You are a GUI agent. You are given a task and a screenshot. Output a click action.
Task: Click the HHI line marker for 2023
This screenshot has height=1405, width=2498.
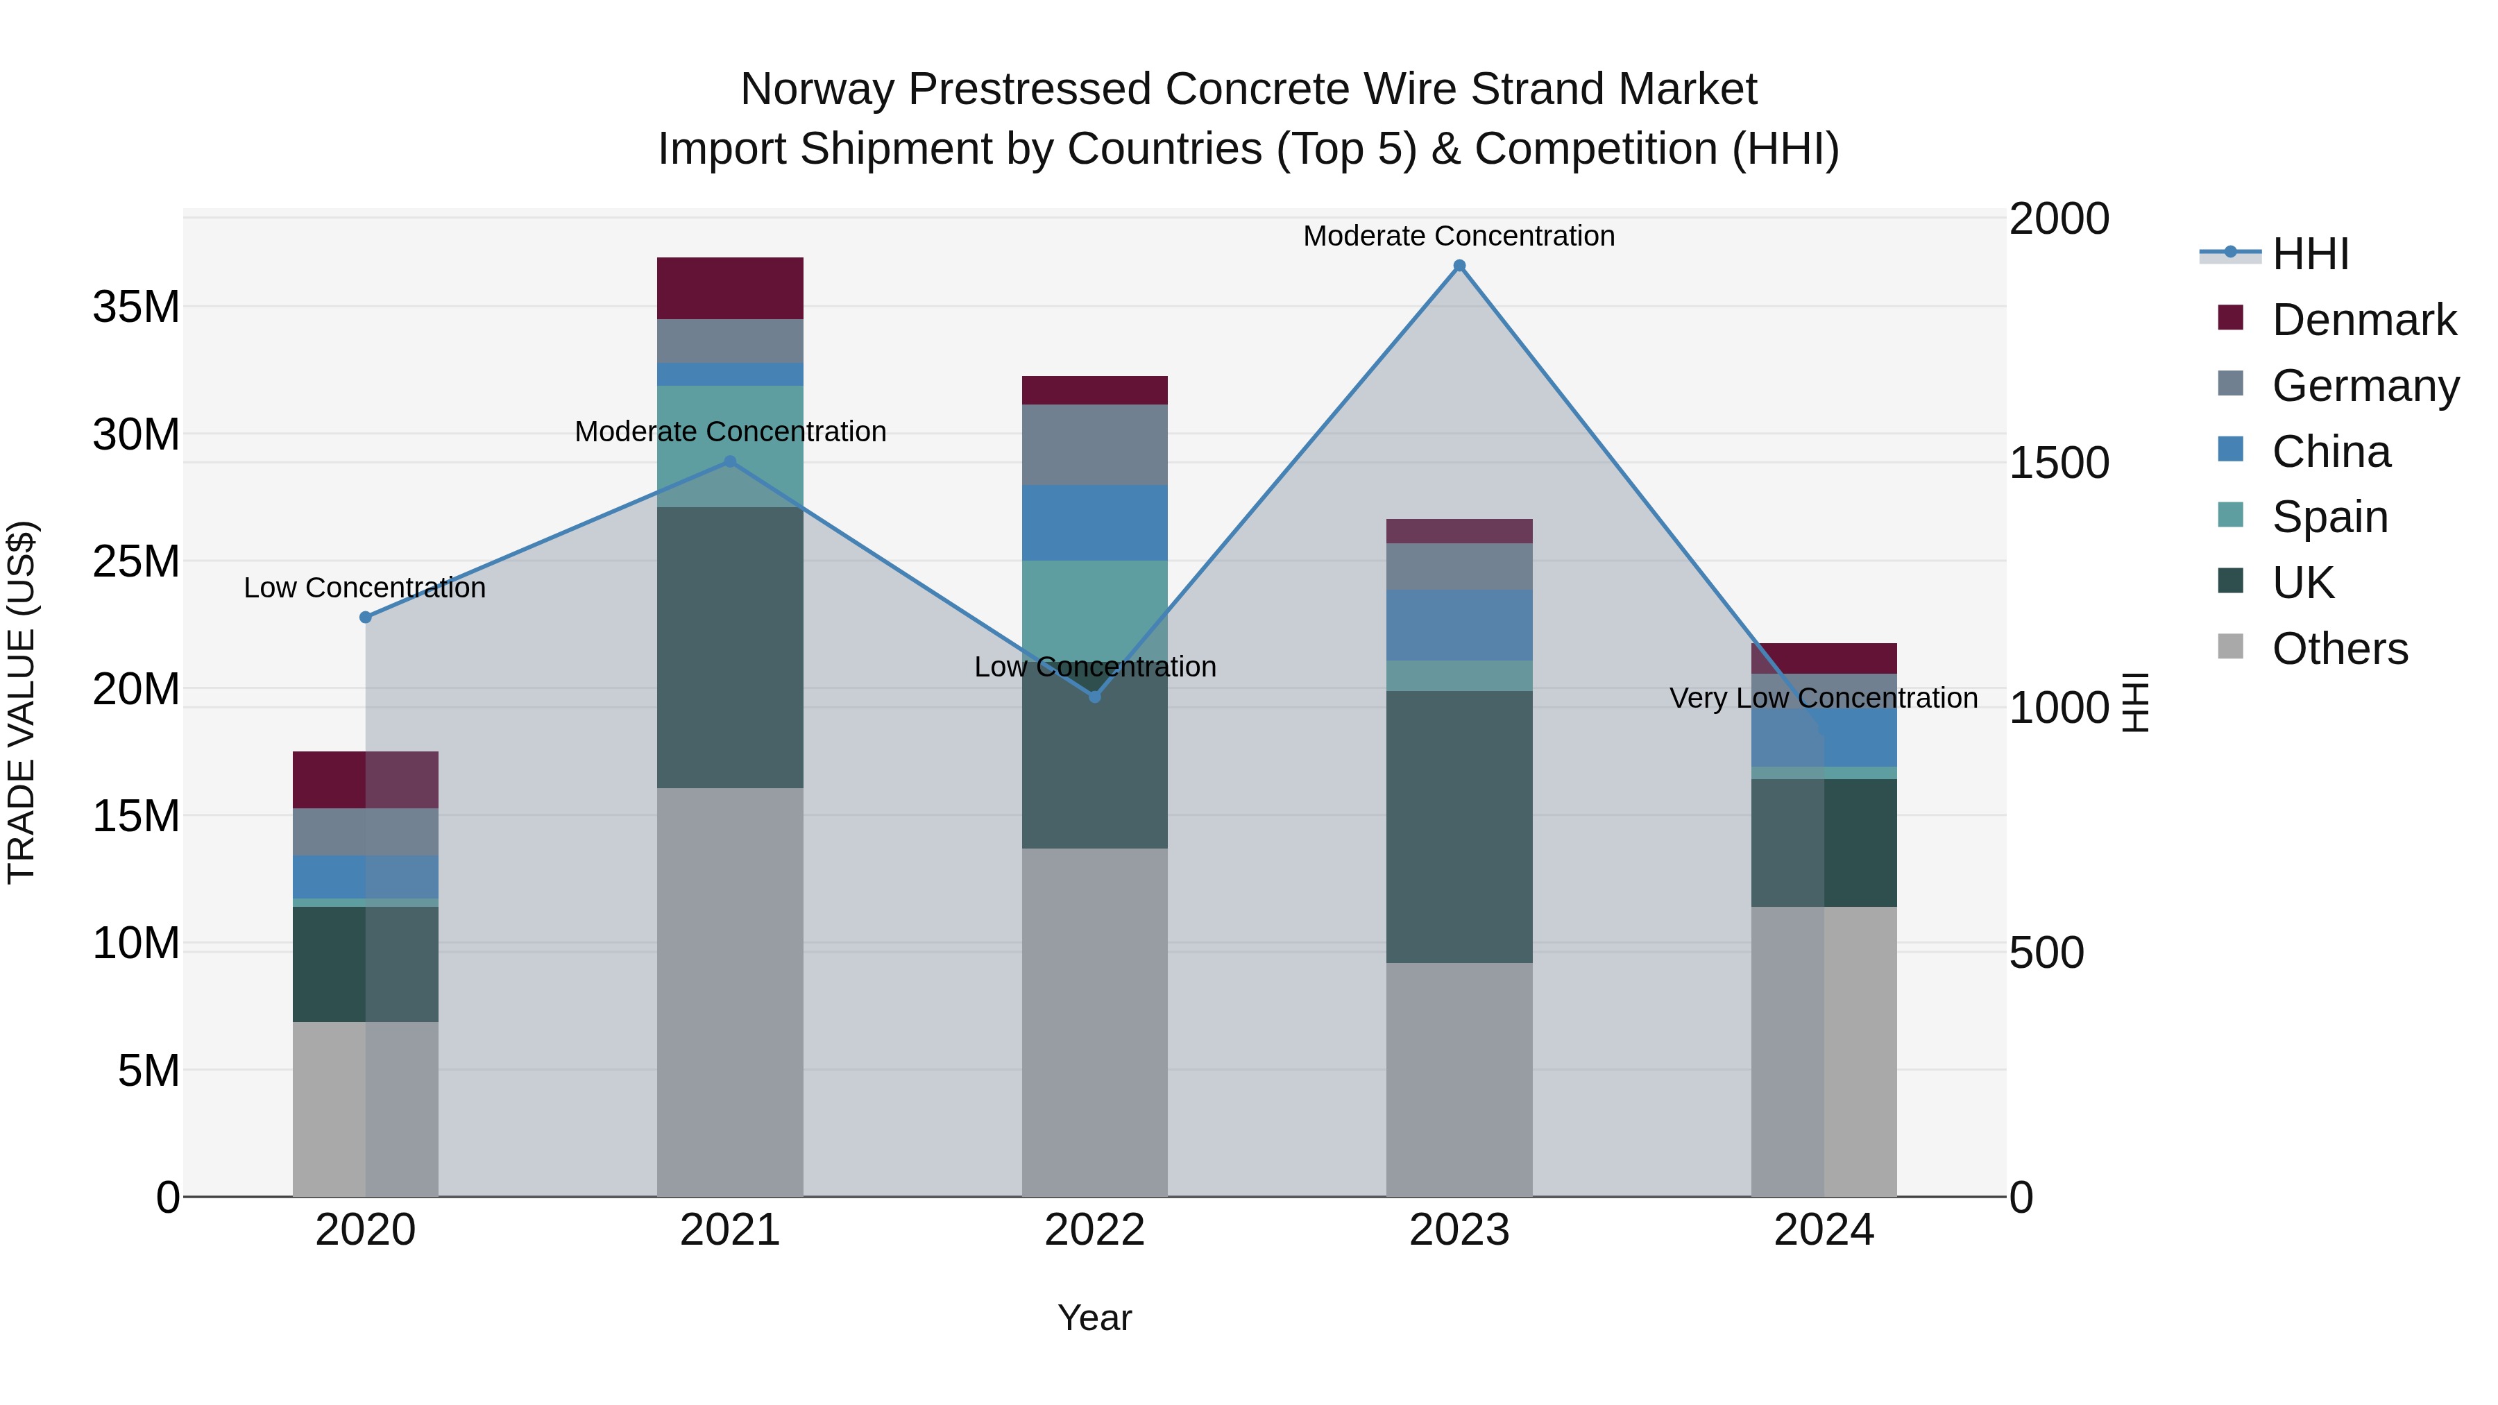click(1459, 266)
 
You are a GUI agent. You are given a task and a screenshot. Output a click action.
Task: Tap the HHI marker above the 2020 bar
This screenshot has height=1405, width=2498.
click(366, 617)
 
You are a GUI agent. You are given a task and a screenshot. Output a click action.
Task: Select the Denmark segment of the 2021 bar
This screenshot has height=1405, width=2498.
click(729, 288)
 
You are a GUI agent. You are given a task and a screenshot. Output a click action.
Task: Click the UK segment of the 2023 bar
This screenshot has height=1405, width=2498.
click(1459, 826)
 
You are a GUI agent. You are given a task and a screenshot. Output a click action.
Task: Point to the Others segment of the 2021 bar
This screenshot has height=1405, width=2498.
click(729, 991)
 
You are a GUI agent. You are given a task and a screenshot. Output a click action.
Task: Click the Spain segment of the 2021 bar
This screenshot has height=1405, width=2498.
click(729, 446)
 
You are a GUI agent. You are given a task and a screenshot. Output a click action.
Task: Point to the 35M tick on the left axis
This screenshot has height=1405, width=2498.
click(136, 307)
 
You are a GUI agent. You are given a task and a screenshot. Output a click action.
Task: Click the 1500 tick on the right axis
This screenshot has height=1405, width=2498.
click(2058, 463)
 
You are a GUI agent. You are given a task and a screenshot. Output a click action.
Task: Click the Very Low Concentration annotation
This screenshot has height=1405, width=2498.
click(1823, 698)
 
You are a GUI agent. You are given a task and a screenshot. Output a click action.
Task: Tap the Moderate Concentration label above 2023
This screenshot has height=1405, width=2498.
click(1459, 236)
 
